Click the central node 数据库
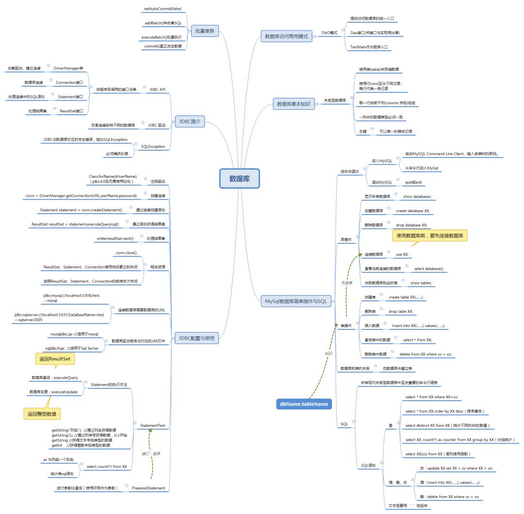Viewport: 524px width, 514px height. coord(240,178)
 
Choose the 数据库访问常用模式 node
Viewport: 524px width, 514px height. coord(286,36)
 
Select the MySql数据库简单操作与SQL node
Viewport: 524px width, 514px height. coord(295,301)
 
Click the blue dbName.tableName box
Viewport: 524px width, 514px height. coord(303,403)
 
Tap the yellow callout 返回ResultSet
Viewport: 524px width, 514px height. coord(55,358)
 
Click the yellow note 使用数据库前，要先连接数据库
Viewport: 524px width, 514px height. coord(430,235)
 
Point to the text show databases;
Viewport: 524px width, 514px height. coord(417,197)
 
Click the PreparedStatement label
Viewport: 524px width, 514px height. coord(148,488)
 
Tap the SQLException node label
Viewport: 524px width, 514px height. coord(152,146)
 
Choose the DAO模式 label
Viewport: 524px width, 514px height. coord(329,33)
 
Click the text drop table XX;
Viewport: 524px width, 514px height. coord(401,312)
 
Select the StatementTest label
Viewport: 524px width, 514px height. coord(152,426)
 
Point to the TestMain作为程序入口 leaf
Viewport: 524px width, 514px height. coord(369,47)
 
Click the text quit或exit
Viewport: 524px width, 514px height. coord(413,182)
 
